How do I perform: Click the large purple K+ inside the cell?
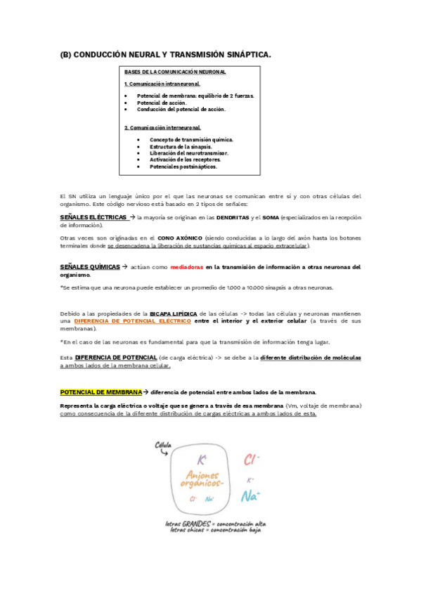pyautogui.click(x=201, y=460)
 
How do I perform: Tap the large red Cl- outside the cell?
pyautogui.click(x=251, y=460)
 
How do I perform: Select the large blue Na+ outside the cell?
pyautogui.click(x=250, y=496)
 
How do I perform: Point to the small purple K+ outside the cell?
pyautogui.click(x=250, y=479)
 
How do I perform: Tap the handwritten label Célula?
pyautogui.click(x=164, y=444)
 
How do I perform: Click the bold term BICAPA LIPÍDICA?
pyautogui.click(x=173, y=313)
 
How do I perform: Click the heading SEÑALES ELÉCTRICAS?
pyautogui.click(x=93, y=217)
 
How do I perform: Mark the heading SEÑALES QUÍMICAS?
pyautogui.click(x=90, y=267)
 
